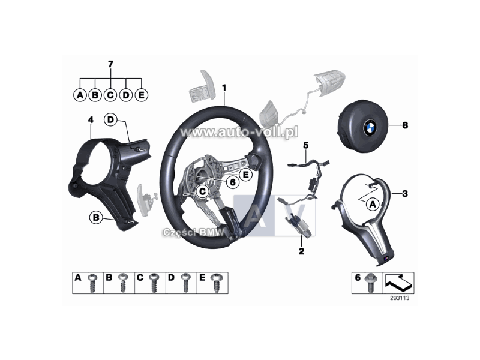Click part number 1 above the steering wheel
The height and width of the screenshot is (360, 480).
tap(224, 88)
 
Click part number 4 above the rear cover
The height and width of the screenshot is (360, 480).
tap(90, 120)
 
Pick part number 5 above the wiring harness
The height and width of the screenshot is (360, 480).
tap(305, 145)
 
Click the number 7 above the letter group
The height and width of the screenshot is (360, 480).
tap(110, 64)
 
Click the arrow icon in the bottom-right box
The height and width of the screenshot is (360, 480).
tap(397, 280)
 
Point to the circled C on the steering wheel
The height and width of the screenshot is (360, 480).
tap(202, 191)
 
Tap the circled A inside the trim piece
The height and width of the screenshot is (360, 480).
tap(371, 204)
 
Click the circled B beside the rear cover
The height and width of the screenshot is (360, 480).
tap(95, 218)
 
